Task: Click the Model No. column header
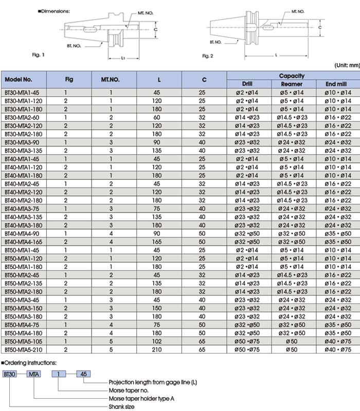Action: click(19, 80)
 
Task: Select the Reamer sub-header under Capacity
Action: click(291, 84)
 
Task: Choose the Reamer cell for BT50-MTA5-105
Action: click(291, 341)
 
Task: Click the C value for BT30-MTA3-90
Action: click(204, 142)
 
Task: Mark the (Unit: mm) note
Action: click(347, 65)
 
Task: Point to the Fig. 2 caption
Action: click(208, 55)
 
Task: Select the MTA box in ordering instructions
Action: click(34, 373)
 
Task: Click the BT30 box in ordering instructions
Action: click(10, 373)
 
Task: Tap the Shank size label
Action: click(122, 406)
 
